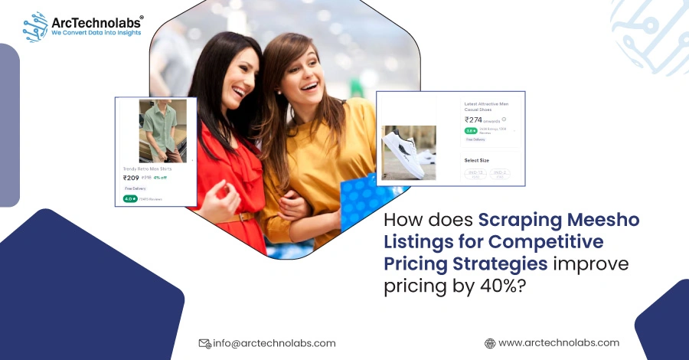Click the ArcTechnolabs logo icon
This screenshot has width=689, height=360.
pyautogui.click(x=35, y=25)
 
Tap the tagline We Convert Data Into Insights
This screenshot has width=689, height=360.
pyautogui.click(x=96, y=33)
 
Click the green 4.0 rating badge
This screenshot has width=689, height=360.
pyautogui.click(x=129, y=199)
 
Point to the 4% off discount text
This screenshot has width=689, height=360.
pyautogui.click(x=160, y=178)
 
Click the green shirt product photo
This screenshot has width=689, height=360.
pyautogui.click(x=162, y=131)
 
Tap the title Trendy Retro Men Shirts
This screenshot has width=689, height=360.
pyautogui.click(x=148, y=169)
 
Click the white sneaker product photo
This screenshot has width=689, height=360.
pyautogui.click(x=409, y=153)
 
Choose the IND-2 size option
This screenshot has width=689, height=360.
pyautogui.click(x=500, y=174)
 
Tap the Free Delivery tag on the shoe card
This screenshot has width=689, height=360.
pyautogui.click(x=475, y=139)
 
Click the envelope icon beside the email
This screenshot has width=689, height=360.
pyautogui.click(x=204, y=343)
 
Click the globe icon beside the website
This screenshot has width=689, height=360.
pyautogui.click(x=490, y=343)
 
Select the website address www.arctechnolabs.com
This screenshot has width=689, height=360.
pyautogui.click(x=558, y=343)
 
